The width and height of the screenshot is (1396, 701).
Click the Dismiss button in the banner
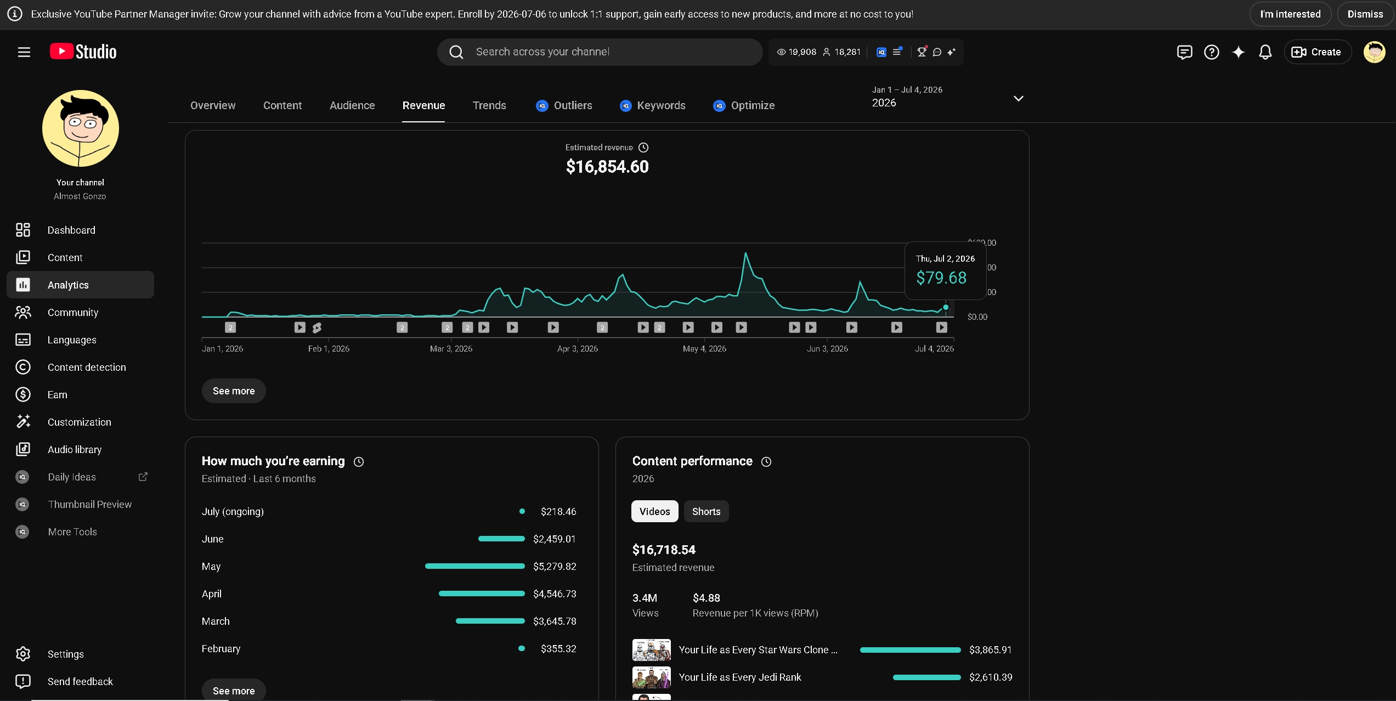point(1365,14)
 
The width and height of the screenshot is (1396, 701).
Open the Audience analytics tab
point(352,105)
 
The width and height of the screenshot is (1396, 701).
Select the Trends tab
point(489,105)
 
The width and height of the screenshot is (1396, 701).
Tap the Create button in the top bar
point(1317,52)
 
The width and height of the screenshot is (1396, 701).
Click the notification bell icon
point(1265,52)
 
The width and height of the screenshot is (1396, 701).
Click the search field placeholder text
point(542,52)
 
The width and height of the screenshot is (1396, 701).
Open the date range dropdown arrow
point(1018,99)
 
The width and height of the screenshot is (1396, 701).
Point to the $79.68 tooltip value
point(941,278)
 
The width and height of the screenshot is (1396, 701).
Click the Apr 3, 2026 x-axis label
point(578,349)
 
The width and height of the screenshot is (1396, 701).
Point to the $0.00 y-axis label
point(977,317)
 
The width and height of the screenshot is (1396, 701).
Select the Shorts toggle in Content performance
point(706,511)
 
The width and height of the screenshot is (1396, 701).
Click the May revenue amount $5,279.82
point(555,566)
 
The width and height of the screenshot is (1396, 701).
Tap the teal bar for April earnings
point(482,593)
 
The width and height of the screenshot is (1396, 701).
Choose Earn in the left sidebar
point(58,394)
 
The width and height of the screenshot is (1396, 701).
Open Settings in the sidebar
point(65,654)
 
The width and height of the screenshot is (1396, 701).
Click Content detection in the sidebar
point(87,367)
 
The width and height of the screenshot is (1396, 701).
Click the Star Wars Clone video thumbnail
point(651,650)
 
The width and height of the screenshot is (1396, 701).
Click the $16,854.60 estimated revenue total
point(607,167)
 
